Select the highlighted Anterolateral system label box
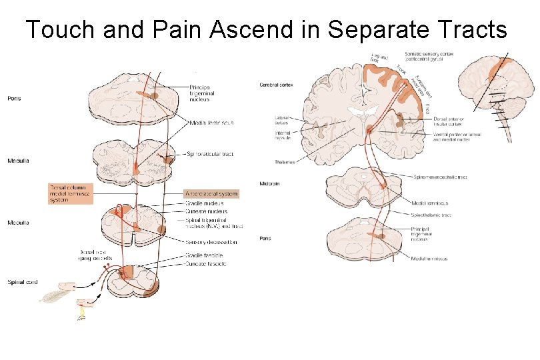(211, 194)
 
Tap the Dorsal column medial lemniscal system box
(70, 193)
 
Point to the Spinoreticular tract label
(211, 154)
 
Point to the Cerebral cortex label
(276, 85)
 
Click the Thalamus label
(285, 161)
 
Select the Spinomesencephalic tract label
(440, 177)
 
